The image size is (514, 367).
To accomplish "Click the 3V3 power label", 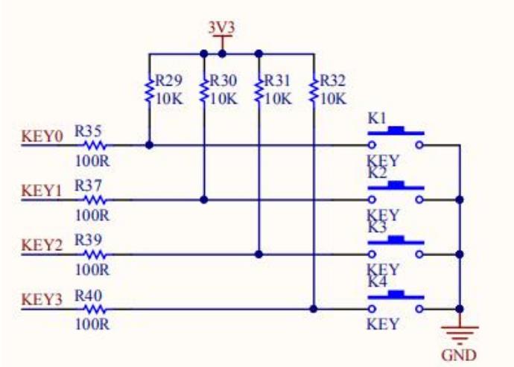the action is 222,28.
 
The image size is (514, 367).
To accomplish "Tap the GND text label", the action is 459,355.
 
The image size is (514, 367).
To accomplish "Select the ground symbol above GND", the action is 460,335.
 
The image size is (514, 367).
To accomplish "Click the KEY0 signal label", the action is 42,136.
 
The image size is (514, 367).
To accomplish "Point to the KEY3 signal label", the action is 42,299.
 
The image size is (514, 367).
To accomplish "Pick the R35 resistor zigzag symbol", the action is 95,145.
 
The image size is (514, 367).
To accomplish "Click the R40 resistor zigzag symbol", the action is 95,309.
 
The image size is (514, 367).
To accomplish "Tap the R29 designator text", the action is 168,80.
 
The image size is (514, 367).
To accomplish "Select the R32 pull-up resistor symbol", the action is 314,89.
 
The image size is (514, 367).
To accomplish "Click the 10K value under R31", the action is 278,98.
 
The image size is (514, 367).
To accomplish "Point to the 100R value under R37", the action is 92,215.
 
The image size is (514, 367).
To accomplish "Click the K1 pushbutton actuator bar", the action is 396,131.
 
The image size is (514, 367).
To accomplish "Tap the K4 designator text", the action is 377,281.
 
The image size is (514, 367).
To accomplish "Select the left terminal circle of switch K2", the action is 372,200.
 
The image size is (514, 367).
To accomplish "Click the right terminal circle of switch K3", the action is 419,255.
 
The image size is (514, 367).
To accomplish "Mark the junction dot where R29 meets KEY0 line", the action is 149,145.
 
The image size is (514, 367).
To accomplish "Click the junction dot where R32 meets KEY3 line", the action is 314,309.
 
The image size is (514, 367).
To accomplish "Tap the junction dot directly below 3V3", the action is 222,54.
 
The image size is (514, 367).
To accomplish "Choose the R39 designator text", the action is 88,240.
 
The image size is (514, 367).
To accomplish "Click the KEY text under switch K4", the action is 383,324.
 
